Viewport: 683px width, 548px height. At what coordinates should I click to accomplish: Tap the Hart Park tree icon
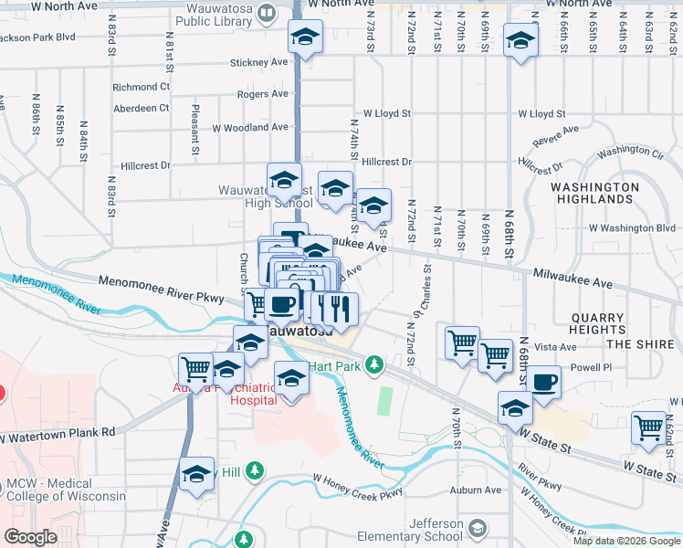click(373, 366)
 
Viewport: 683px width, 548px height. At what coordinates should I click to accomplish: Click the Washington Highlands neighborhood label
click(594, 192)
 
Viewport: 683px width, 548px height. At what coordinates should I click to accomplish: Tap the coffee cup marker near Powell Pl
click(543, 382)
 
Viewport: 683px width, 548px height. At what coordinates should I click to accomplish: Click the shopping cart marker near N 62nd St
click(648, 427)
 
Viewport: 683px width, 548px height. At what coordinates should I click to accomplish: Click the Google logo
click(31, 537)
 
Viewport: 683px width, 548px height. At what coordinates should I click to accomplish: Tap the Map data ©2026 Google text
click(626, 541)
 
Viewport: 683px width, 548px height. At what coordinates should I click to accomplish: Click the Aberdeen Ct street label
click(141, 108)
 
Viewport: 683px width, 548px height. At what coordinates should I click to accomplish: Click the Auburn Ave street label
click(476, 490)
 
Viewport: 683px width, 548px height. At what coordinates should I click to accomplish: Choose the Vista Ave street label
click(555, 347)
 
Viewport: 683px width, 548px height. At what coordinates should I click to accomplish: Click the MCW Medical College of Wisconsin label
click(63, 490)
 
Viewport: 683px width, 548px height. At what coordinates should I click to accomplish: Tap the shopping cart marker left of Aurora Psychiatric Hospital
click(195, 369)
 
